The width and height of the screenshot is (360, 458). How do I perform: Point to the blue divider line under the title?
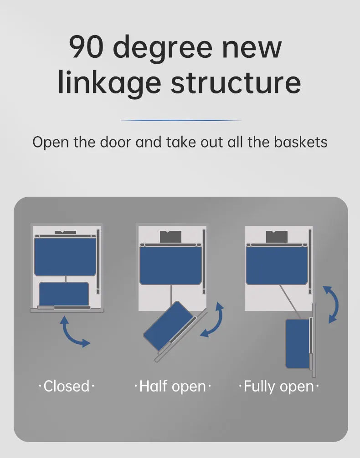point(181,120)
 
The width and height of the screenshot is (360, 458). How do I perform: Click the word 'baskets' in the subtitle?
point(300,142)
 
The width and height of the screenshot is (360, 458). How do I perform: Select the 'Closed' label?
point(67,386)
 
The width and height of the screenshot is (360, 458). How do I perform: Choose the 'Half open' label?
point(172,386)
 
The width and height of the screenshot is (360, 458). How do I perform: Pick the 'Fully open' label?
point(278,386)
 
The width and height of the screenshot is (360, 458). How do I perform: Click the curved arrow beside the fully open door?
point(331,304)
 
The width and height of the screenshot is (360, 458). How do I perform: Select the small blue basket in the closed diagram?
point(64,294)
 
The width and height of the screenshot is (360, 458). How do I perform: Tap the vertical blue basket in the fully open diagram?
point(297,343)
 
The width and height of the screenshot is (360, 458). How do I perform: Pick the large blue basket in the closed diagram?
point(66,256)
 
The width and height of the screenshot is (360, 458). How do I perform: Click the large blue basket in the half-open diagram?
point(171,265)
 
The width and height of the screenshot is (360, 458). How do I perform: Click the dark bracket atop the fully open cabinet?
point(277,237)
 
